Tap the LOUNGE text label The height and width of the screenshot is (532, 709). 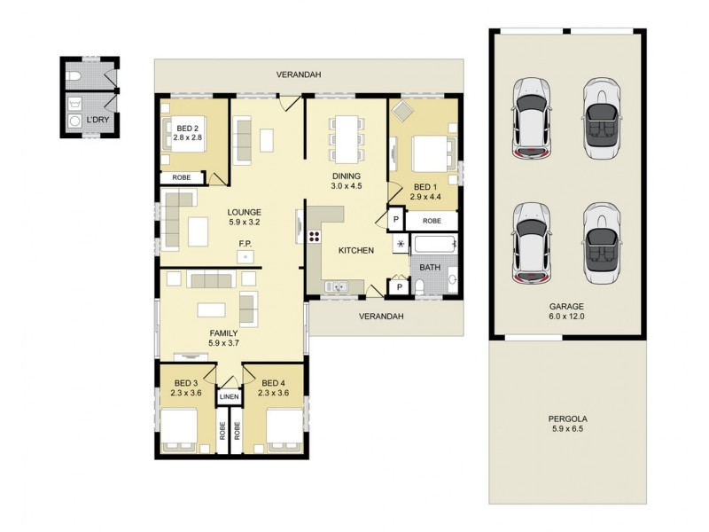[243, 212]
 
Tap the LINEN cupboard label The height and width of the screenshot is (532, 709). [229, 396]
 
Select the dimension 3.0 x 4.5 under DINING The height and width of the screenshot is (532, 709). [347, 186]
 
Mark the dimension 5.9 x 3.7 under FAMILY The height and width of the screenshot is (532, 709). [224, 342]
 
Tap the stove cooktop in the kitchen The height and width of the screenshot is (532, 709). [313, 239]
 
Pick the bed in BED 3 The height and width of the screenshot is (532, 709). [185, 430]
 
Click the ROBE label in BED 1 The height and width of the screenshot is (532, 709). [432, 220]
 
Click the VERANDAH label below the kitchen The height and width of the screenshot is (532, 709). [381, 316]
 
